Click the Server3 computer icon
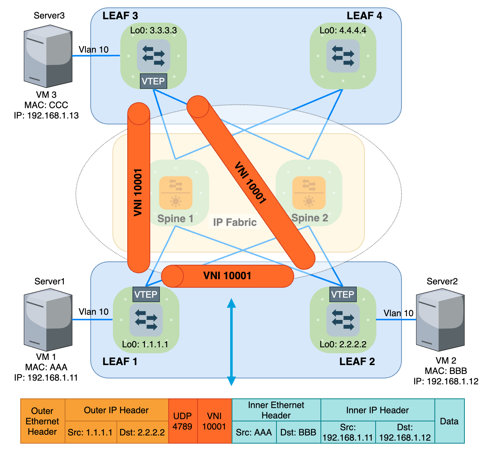[x=48, y=56]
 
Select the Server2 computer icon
[x=440, y=321]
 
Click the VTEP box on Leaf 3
[x=153, y=81]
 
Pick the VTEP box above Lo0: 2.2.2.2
[x=343, y=294]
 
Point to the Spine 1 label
[x=175, y=218]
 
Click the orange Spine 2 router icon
[x=309, y=193]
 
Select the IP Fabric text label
[x=235, y=222]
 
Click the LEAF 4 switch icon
[x=343, y=56]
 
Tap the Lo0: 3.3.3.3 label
[x=153, y=30]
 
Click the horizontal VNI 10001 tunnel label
[x=227, y=276]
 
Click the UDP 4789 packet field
[x=183, y=421]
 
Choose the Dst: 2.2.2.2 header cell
[x=142, y=432]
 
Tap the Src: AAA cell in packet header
[x=254, y=432]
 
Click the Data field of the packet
[x=449, y=421]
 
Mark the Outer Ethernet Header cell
[x=43, y=421]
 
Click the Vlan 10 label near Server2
[x=398, y=313]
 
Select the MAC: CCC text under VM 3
[x=46, y=105]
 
